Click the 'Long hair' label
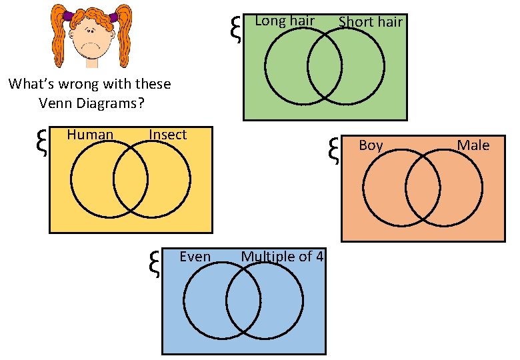(285, 21)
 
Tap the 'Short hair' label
(370, 22)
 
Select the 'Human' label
(90, 135)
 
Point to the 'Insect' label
(167, 135)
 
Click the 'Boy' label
(371, 145)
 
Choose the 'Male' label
(473, 145)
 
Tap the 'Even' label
(195, 257)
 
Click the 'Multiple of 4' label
(283, 257)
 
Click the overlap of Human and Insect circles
(130, 179)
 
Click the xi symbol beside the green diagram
(235, 30)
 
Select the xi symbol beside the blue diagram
(154, 263)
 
